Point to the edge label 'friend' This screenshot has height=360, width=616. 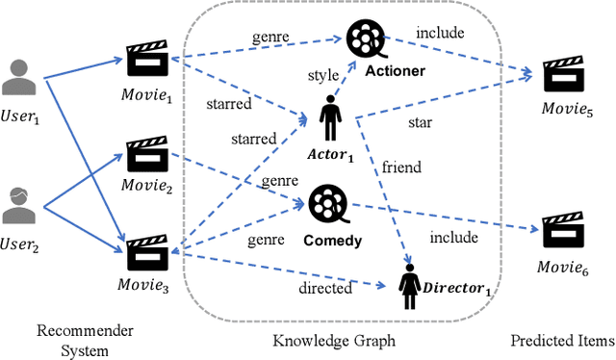pos(401,167)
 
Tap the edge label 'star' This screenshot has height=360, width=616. pos(420,123)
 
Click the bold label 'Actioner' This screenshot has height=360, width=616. pos(396,70)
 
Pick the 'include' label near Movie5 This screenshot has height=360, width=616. pos(438,34)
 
